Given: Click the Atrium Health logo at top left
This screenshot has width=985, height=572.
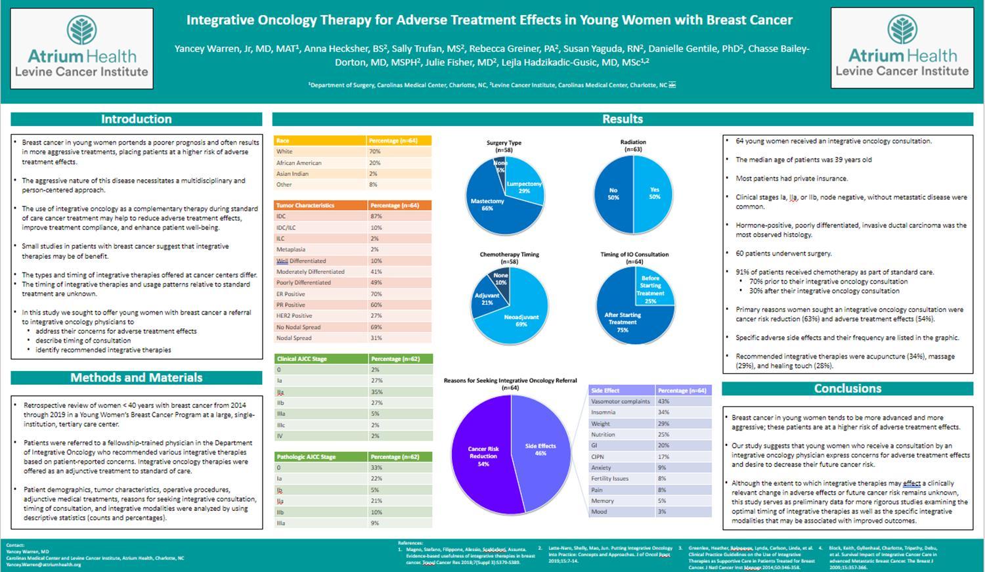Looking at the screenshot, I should (82, 49).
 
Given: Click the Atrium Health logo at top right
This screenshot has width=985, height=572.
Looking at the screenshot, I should (902, 48).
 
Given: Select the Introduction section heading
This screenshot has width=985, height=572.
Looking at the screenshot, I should (136, 120).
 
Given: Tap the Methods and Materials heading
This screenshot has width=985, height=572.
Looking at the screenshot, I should (136, 378).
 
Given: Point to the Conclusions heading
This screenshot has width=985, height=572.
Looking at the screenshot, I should (847, 389).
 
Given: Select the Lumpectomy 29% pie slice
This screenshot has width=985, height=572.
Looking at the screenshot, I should (523, 187).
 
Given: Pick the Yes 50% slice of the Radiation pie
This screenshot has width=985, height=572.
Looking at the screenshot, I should (654, 193).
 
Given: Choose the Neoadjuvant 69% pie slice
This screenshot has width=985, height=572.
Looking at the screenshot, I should (521, 320).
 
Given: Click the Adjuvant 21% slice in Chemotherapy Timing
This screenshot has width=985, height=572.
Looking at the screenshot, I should (487, 299).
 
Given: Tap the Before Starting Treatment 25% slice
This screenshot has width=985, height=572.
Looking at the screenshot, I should (650, 289).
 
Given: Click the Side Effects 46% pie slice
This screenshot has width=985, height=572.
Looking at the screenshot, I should (540, 449).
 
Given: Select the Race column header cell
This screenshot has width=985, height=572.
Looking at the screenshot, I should (320, 141).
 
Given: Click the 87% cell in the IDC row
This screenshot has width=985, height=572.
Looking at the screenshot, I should (399, 216).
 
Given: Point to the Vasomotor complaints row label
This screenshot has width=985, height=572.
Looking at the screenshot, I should (621, 401).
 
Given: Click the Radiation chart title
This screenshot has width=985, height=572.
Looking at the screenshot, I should (633, 142).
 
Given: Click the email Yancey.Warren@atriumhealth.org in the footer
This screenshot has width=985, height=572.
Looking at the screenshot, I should (43, 565).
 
